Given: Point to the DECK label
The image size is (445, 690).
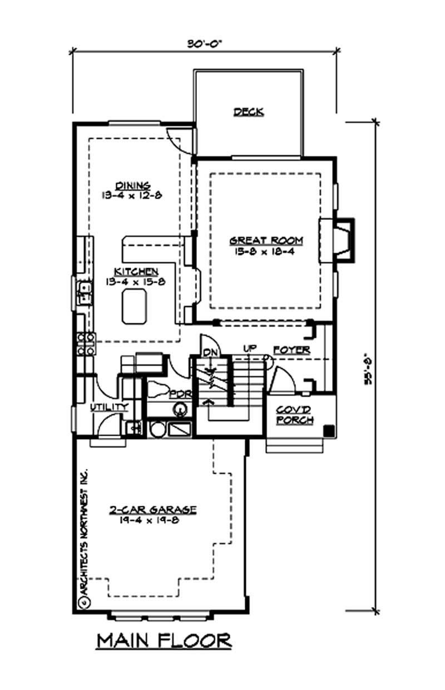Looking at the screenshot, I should tap(248, 112).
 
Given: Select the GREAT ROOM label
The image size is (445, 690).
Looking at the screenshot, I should tap(267, 240).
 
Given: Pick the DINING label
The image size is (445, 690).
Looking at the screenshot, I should tap(132, 185).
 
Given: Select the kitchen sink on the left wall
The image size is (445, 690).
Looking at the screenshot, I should tap(85, 293).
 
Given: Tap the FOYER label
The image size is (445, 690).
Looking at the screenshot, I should tap(291, 351).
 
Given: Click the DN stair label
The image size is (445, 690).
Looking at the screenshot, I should tap(210, 352).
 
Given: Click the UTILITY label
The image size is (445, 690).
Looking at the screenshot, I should tap(110, 407).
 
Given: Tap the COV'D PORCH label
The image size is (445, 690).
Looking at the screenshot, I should tap(295, 415).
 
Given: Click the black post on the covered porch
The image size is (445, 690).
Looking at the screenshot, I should tap(328, 430).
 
